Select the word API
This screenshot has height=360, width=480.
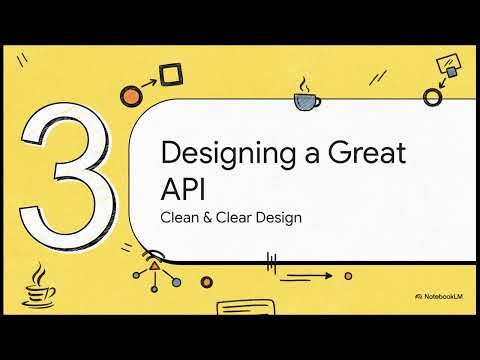click(x=179, y=189)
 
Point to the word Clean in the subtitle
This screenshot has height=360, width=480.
click(x=180, y=216)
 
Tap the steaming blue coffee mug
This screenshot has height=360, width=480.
click(x=307, y=99)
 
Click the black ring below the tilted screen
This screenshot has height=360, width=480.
click(x=433, y=97)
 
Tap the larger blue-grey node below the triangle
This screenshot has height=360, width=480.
click(x=177, y=283)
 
